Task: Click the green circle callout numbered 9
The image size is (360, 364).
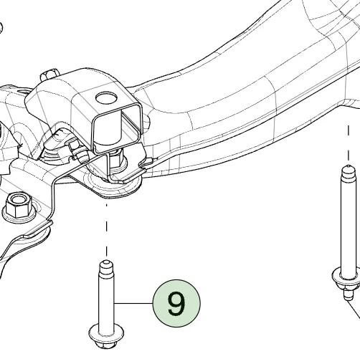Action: [x=176, y=303]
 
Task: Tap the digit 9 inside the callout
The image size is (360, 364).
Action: [x=176, y=303]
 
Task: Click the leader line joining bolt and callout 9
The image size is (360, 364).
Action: [x=133, y=303]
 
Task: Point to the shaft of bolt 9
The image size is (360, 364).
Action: [x=107, y=301]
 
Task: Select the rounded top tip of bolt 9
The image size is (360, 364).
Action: [x=106, y=264]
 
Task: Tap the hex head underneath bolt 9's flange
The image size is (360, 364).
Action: [x=105, y=344]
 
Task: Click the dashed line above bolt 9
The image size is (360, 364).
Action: [x=107, y=230]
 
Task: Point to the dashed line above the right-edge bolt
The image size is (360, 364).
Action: [x=349, y=143]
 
